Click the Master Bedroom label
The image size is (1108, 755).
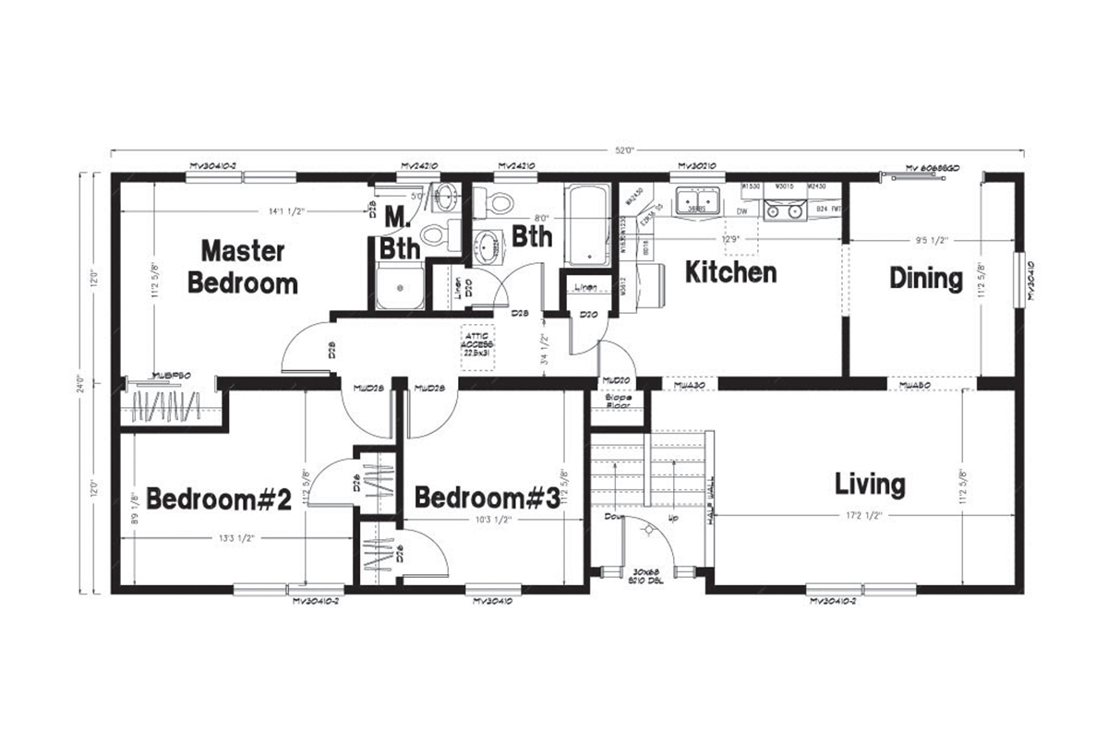coord(243,267)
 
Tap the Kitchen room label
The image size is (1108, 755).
coord(729,273)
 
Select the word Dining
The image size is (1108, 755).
coord(926,278)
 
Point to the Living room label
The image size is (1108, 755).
coord(870,484)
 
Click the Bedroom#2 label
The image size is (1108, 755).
coord(219,499)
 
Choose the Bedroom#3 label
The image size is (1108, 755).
coord(486,498)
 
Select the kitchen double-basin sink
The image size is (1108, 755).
coord(697,201)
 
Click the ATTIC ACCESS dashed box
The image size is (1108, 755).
coord(479,345)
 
